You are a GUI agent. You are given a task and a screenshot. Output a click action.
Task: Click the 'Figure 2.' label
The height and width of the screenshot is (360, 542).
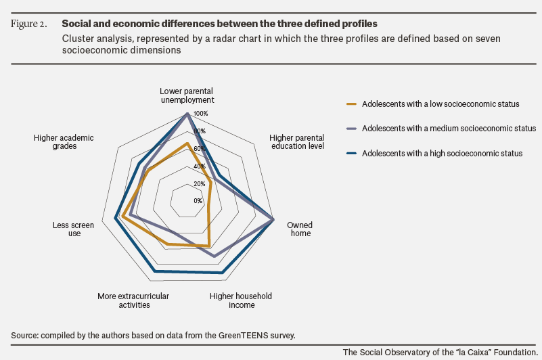coord(28,24)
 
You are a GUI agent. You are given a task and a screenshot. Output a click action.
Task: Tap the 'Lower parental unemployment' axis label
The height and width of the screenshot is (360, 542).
coord(187,95)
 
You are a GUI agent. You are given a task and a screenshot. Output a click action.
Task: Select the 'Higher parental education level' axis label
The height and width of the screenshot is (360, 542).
coord(297,142)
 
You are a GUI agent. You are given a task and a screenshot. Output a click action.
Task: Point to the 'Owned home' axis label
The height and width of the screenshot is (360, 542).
coord(300,229)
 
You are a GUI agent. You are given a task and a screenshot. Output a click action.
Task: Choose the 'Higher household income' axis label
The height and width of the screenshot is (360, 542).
coord(241,300)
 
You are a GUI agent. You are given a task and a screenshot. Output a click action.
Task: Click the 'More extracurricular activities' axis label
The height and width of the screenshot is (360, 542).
coord(133,300)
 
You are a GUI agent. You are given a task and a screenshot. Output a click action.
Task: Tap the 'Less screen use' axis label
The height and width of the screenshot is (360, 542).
coord(73,229)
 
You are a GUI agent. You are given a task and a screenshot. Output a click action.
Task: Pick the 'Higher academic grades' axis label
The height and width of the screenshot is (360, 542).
coord(64,142)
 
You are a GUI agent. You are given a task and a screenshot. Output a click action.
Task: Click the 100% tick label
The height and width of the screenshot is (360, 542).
coord(201,114)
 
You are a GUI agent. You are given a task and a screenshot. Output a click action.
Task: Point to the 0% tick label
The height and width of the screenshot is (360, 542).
coord(198,201)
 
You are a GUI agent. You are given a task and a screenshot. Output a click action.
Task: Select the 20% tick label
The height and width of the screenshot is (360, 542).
coord(200,183)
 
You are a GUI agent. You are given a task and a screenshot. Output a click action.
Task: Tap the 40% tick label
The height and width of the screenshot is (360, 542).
coord(200,166)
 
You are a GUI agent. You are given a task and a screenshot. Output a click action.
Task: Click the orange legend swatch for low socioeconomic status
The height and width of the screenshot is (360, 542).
coord(352,104)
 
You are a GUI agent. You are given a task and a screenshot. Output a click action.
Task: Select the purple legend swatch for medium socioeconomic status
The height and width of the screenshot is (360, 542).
coord(352,129)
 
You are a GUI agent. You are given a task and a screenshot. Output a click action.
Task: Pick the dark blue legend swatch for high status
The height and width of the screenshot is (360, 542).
coord(352,153)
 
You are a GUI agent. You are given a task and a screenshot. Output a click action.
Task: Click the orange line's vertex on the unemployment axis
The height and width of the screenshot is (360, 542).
coord(187,143)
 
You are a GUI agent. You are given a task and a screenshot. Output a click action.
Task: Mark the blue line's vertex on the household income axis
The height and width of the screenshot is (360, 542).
coord(222,273)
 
